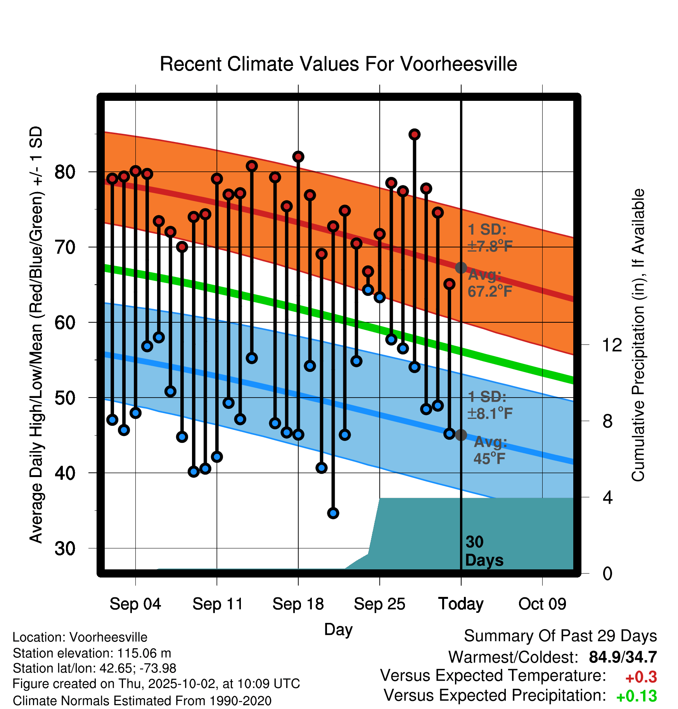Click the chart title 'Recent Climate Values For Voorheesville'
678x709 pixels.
(x=338, y=64)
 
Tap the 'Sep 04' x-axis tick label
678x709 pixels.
(x=135, y=604)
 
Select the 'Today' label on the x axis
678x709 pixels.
(x=461, y=604)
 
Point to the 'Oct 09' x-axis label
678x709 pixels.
(x=542, y=604)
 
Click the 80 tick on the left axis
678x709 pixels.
(x=65, y=172)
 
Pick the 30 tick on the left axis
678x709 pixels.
(x=65, y=548)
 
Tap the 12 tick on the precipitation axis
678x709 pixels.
(x=612, y=345)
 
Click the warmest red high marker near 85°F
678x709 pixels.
(x=415, y=135)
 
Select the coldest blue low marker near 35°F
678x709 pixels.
(x=333, y=513)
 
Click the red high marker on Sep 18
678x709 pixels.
(x=298, y=157)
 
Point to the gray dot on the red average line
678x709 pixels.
(x=461, y=268)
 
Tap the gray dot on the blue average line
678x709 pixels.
(x=461, y=435)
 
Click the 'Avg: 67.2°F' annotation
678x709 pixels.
(x=489, y=283)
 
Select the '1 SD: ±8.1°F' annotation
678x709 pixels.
(x=489, y=405)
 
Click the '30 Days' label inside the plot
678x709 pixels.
(x=484, y=551)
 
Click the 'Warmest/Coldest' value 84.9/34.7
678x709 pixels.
(x=623, y=657)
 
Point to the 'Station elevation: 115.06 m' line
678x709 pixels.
(x=92, y=653)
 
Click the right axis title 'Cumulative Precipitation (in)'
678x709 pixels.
(x=638, y=335)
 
